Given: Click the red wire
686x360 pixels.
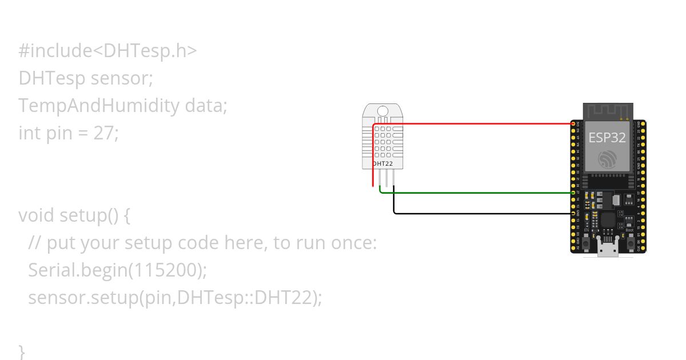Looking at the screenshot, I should [x=474, y=123].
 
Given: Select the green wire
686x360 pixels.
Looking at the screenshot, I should [x=474, y=193].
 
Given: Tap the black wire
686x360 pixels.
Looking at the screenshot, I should [x=480, y=214].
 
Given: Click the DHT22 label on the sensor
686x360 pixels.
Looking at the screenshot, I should [x=382, y=163].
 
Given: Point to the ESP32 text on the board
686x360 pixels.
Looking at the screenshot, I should [x=607, y=138].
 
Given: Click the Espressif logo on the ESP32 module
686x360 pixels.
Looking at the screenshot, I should [x=607, y=159].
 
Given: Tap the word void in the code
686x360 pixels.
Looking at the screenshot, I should [x=37, y=215].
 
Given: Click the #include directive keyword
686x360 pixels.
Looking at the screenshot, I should [x=55, y=51].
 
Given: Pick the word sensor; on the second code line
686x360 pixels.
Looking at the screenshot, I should [x=122, y=78].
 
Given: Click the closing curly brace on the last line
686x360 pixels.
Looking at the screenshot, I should [x=22, y=350].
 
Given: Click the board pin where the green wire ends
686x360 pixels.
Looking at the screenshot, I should [x=574, y=193].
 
